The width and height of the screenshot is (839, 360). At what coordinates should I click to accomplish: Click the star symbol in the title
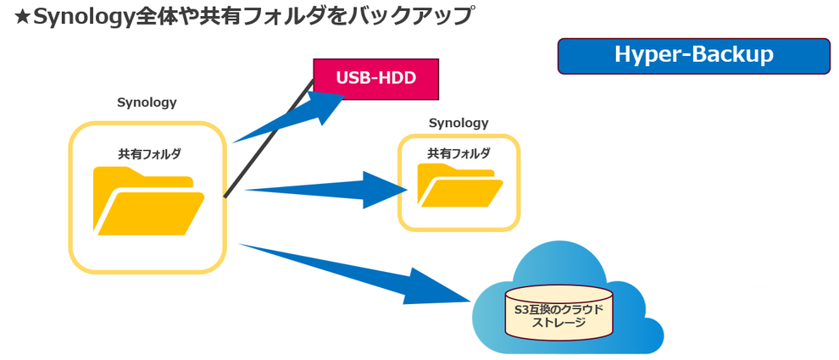click(23, 17)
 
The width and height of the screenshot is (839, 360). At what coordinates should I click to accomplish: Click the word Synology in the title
click(84, 17)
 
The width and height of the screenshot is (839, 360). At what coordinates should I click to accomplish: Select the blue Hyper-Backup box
click(693, 56)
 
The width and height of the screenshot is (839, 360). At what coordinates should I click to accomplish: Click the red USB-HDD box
click(375, 79)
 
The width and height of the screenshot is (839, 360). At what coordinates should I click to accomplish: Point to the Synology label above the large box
click(147, 102)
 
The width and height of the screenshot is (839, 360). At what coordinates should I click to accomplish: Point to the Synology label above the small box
click(458, 123)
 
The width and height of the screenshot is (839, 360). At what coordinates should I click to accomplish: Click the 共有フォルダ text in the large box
click(149, 154)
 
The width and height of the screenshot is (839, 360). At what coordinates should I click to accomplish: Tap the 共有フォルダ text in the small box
click(458, 153)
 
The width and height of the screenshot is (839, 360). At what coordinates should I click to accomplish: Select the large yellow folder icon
click(148, 202)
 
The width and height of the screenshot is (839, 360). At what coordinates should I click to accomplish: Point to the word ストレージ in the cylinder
click(558, 323)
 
